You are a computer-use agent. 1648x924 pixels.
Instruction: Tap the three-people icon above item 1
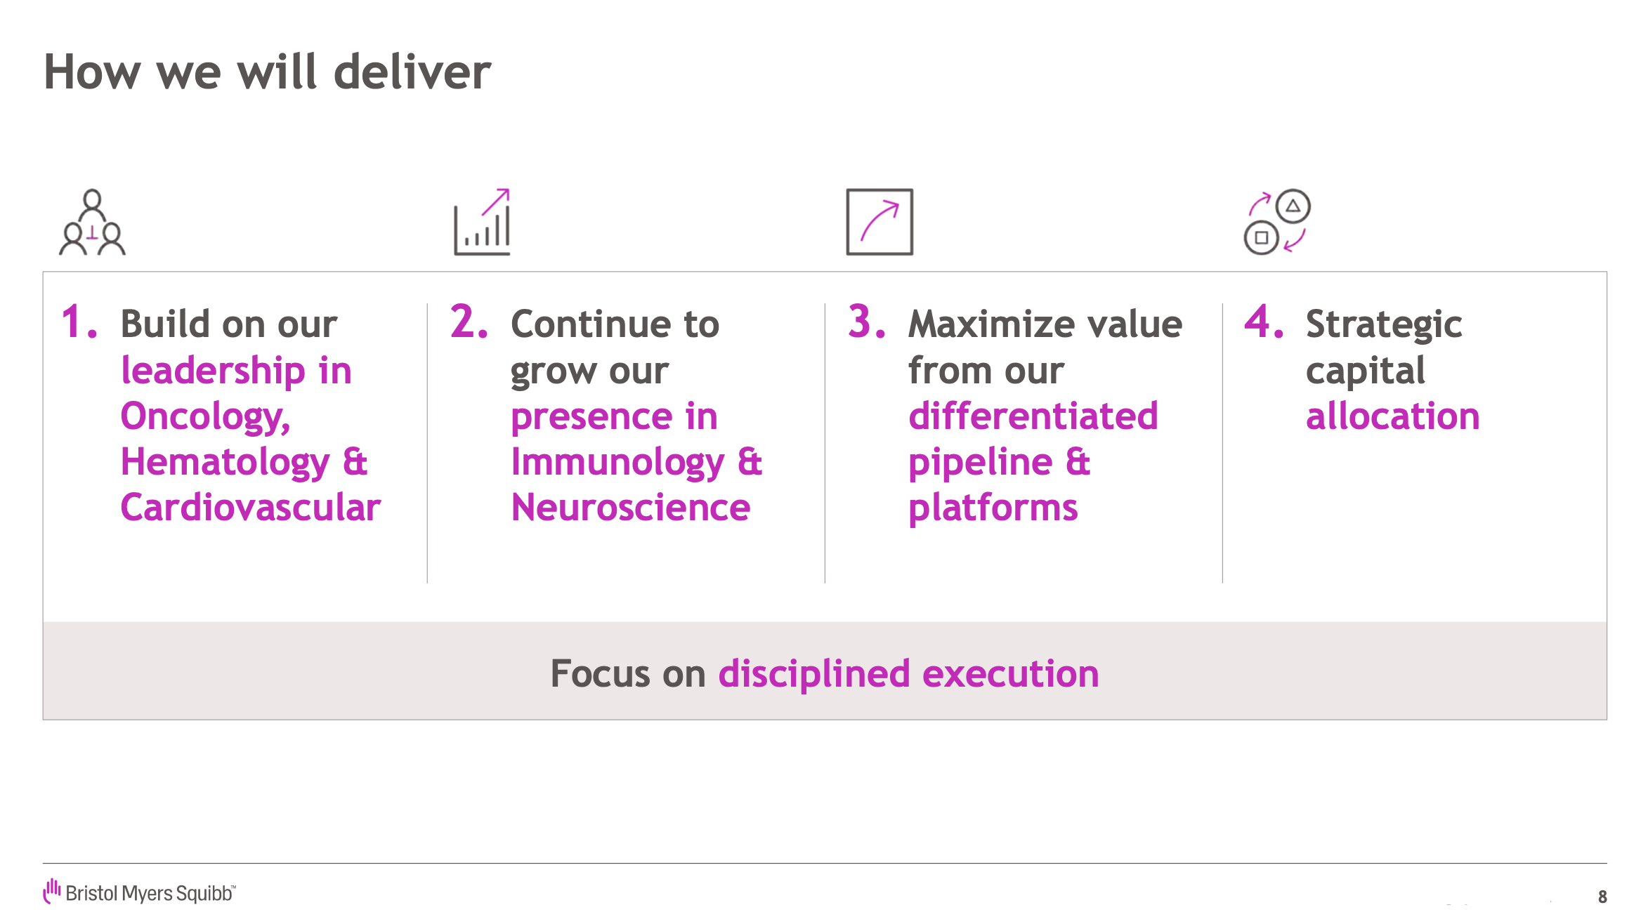point(92,222)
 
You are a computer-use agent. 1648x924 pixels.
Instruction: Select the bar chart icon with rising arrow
point(483,222)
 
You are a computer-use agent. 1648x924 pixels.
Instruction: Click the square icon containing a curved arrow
point(879,222)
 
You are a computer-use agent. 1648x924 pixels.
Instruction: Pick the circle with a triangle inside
point(1293,206)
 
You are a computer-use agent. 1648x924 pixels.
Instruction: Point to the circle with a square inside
point(1262,237)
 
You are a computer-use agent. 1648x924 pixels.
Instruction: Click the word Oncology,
point(206,417)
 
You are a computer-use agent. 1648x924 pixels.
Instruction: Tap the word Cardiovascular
point(251,507)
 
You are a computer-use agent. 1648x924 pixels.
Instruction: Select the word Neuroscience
point(631,507)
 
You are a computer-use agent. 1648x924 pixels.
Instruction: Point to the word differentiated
point(1033,416)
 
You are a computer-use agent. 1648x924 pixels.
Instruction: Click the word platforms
point(993,508)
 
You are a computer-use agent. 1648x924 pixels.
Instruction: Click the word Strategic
point(1384,325)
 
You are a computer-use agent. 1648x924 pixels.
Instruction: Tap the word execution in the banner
point(1011,673)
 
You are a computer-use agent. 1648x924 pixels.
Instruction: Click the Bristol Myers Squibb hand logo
point(52,891)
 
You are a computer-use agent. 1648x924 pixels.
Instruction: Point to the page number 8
point(1602,897)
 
